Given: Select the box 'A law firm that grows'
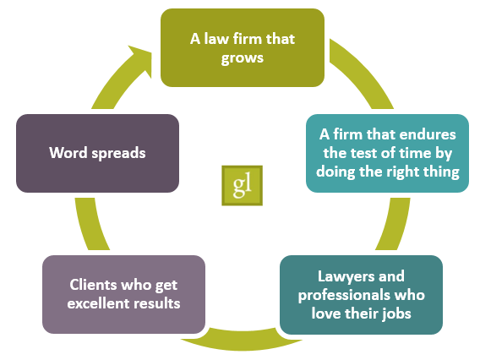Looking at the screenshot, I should pos(242,47).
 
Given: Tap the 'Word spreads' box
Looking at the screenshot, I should pos(97,154).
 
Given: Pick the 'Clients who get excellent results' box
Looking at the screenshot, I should pos(123,293).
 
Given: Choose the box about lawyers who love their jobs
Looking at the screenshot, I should pos(361,295).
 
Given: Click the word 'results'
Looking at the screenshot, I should pos(155,303).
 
